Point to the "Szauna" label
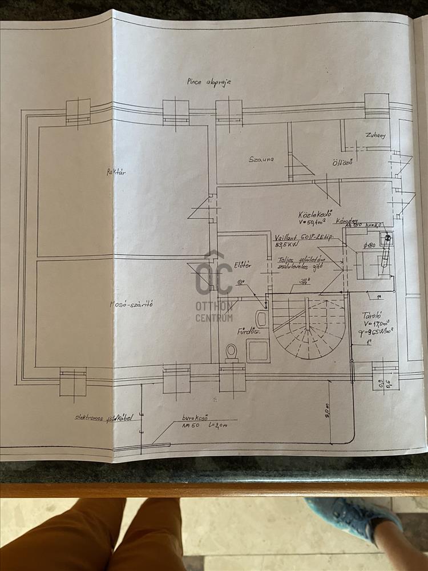(x=262, y=159)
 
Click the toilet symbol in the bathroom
(x=232, y=352)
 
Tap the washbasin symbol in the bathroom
(x=261, y=319)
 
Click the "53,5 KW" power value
(x=286, y=246)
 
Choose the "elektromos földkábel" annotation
(x=104, y=417)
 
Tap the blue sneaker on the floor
(x=356, y=517)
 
